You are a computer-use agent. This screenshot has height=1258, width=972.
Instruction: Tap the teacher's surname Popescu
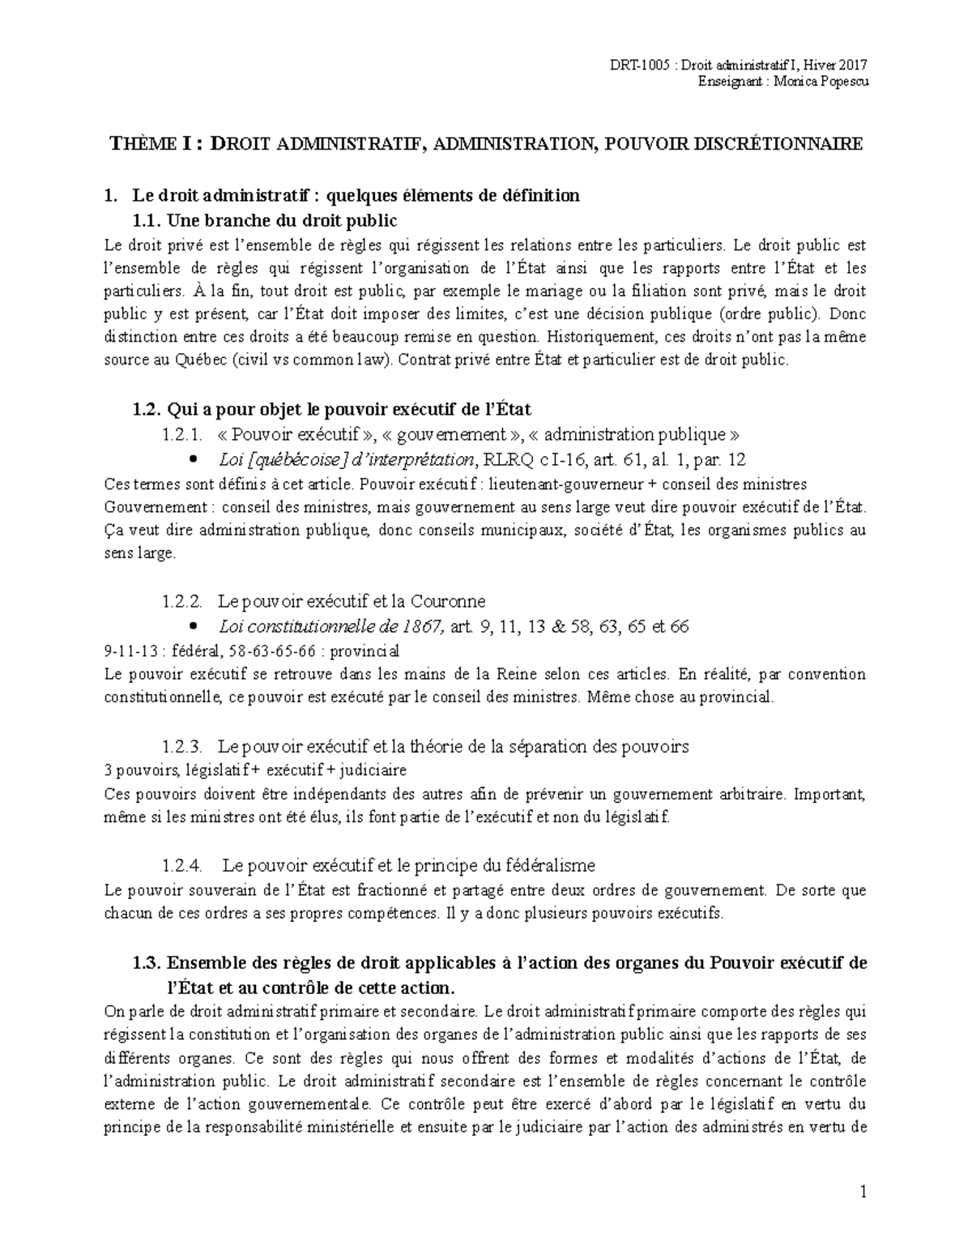pyautogui.click(x=842, y=83)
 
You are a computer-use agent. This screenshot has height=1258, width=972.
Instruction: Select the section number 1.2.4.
pyautogui.click(x=181, y=865)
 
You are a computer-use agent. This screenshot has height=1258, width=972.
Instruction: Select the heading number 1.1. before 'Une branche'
pyautogui.click(x=148, y=220)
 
